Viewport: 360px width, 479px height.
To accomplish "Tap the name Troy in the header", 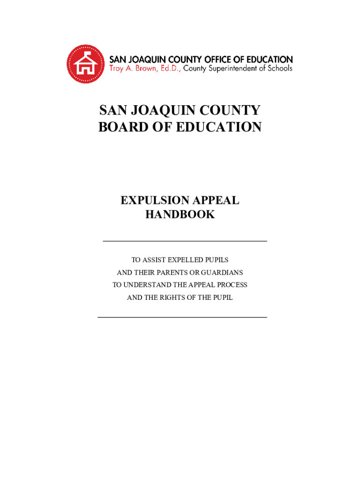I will (117, 69).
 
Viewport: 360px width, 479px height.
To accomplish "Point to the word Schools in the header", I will (280, 69).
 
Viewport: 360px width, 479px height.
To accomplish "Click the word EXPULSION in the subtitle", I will (152, 201).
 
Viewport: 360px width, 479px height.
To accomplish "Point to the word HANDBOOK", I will (180, 215).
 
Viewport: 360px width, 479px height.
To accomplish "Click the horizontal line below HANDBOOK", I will (184, 241).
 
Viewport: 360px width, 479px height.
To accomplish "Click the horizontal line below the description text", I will (182, 317).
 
